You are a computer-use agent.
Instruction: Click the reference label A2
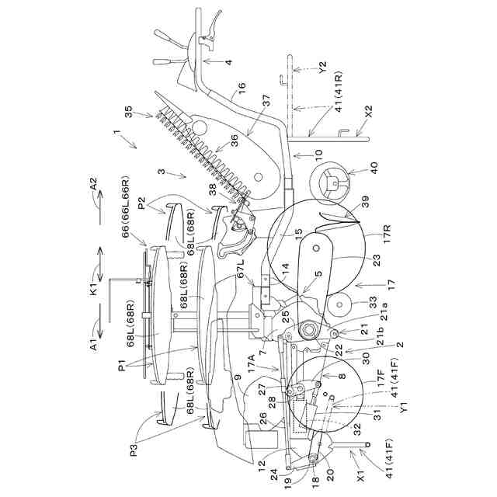click(92, 186)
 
